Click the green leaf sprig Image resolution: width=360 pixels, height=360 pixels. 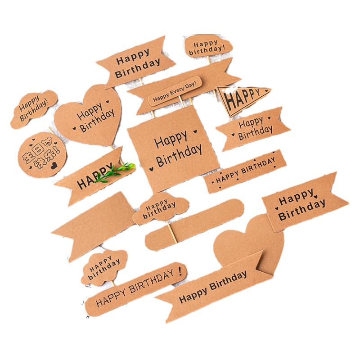click(115, 171)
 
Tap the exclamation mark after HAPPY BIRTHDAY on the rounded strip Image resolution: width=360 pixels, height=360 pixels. click(180, 271)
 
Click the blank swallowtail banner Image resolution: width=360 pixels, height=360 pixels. click(92, 225)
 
